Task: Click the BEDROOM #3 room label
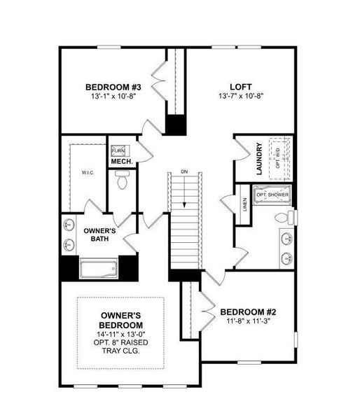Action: (113, 87)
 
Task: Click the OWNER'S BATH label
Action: (99, 234)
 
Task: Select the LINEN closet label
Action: (244, 204)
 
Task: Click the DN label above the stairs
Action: (184, 171)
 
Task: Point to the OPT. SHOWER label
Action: (273, 194)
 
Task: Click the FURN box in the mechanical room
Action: (117, 150)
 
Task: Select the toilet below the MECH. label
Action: (122, 182)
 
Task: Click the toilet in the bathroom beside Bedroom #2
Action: (283, 216)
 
